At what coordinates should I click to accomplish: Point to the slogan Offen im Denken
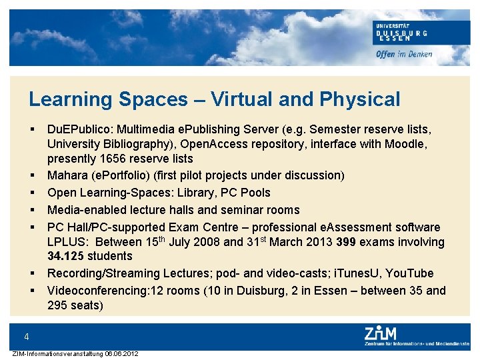(404, 54)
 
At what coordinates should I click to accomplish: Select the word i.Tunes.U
(353, 273)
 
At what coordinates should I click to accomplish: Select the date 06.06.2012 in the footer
(121, 353)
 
